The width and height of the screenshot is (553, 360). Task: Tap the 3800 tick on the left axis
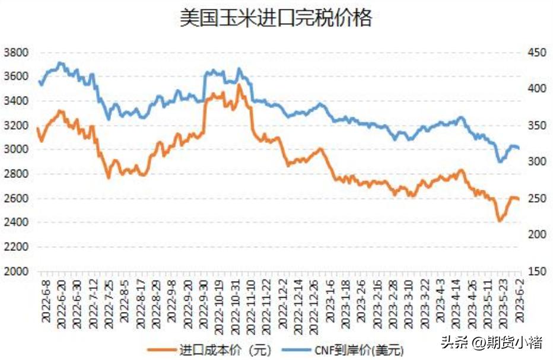pos(16,52)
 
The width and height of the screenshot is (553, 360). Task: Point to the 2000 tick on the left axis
pos(16,271)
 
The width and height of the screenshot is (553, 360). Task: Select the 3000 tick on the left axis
pos(16,149)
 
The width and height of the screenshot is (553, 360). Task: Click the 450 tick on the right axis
pos(536,52)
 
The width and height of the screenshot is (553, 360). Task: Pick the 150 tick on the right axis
pos(536,271)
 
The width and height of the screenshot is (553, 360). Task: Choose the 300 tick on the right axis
pos(536,161)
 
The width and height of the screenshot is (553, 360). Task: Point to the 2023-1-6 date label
pos(330,300)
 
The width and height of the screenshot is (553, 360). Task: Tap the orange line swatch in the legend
pos(160,349)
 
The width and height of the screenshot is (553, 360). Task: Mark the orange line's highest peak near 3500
pos(239,85)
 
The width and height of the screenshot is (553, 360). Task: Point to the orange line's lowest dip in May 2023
pos(500,221)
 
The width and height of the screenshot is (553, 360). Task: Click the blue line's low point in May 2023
pos(500,161)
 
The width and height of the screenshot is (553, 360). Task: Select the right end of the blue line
pos(519,148)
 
